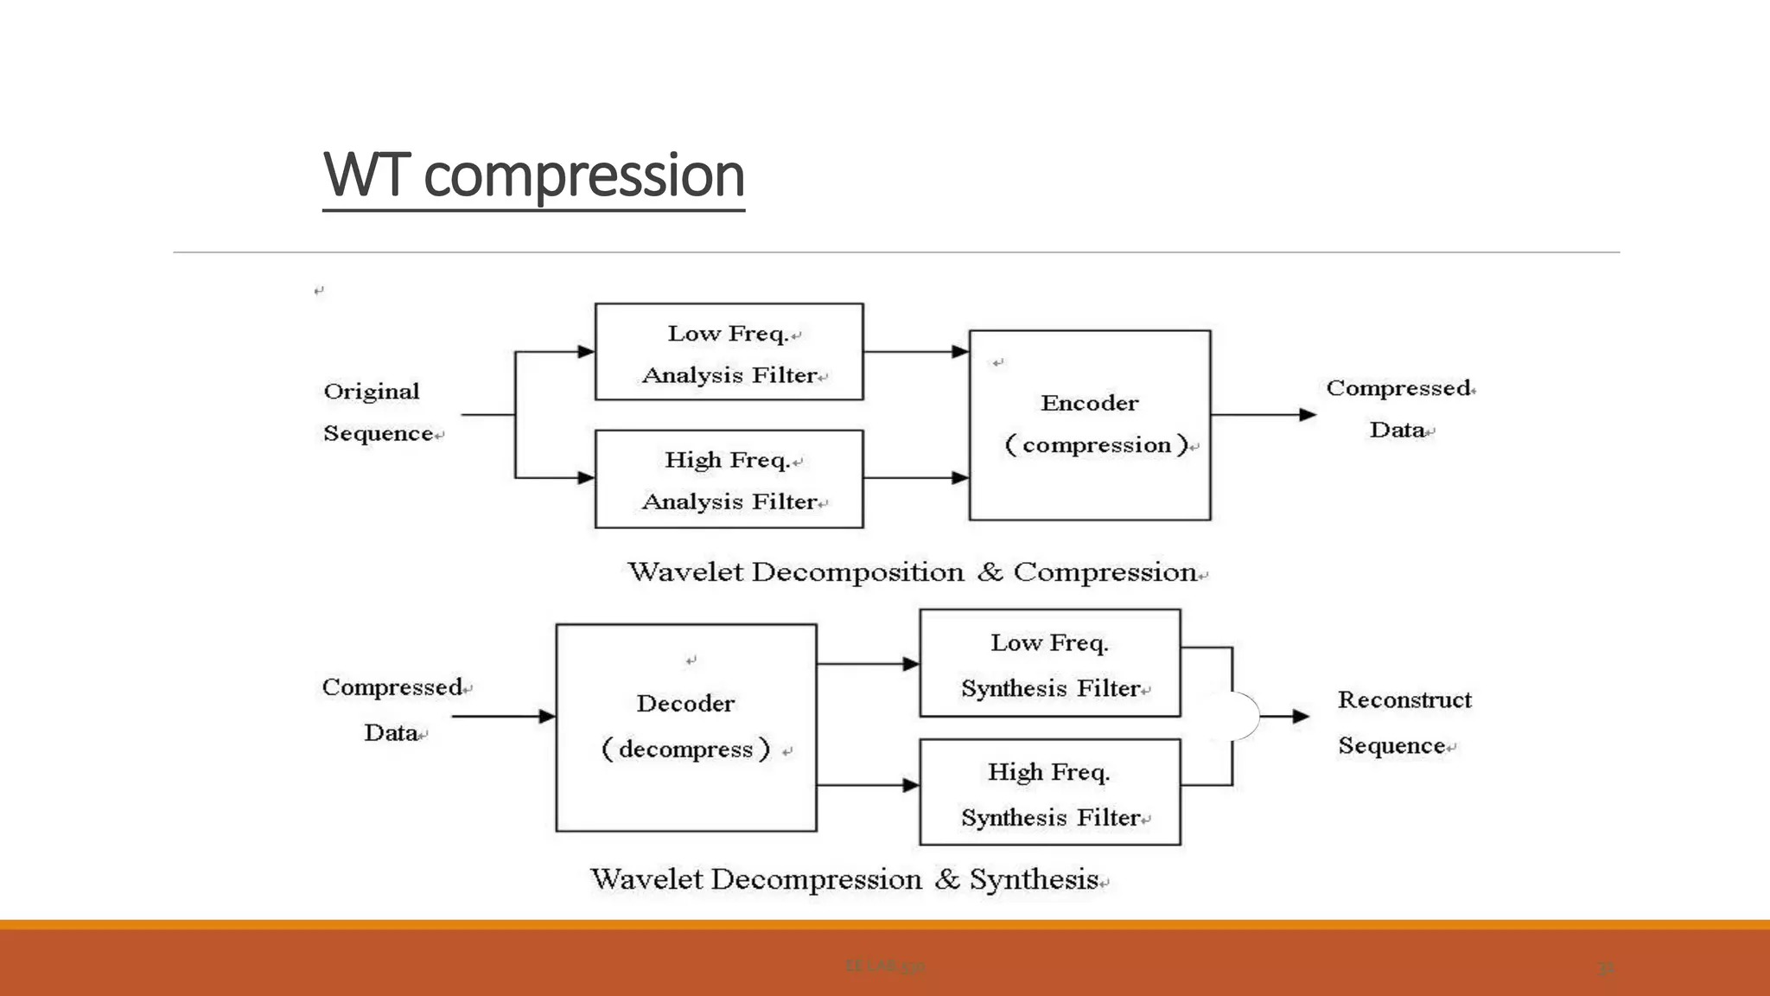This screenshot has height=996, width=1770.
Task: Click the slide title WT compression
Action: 533,176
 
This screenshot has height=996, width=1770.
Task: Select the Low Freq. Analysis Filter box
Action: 729,352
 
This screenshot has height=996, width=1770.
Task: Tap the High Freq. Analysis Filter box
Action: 729,479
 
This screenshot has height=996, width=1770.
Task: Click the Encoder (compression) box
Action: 1089,425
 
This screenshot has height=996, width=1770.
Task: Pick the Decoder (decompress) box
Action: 685,727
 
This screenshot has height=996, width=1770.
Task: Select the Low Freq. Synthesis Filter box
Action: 1049,663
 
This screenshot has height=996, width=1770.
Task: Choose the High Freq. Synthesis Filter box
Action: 1049,792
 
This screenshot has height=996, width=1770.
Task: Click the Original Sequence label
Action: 378,412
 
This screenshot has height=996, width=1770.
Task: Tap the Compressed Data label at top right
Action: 1398,409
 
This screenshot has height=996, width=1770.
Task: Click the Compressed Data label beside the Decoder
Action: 394,710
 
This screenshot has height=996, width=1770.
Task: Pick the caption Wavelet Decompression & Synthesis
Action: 847,879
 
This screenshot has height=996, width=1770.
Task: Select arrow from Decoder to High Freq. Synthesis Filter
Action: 867,785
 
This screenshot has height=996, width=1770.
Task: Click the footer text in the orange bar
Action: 885,967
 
